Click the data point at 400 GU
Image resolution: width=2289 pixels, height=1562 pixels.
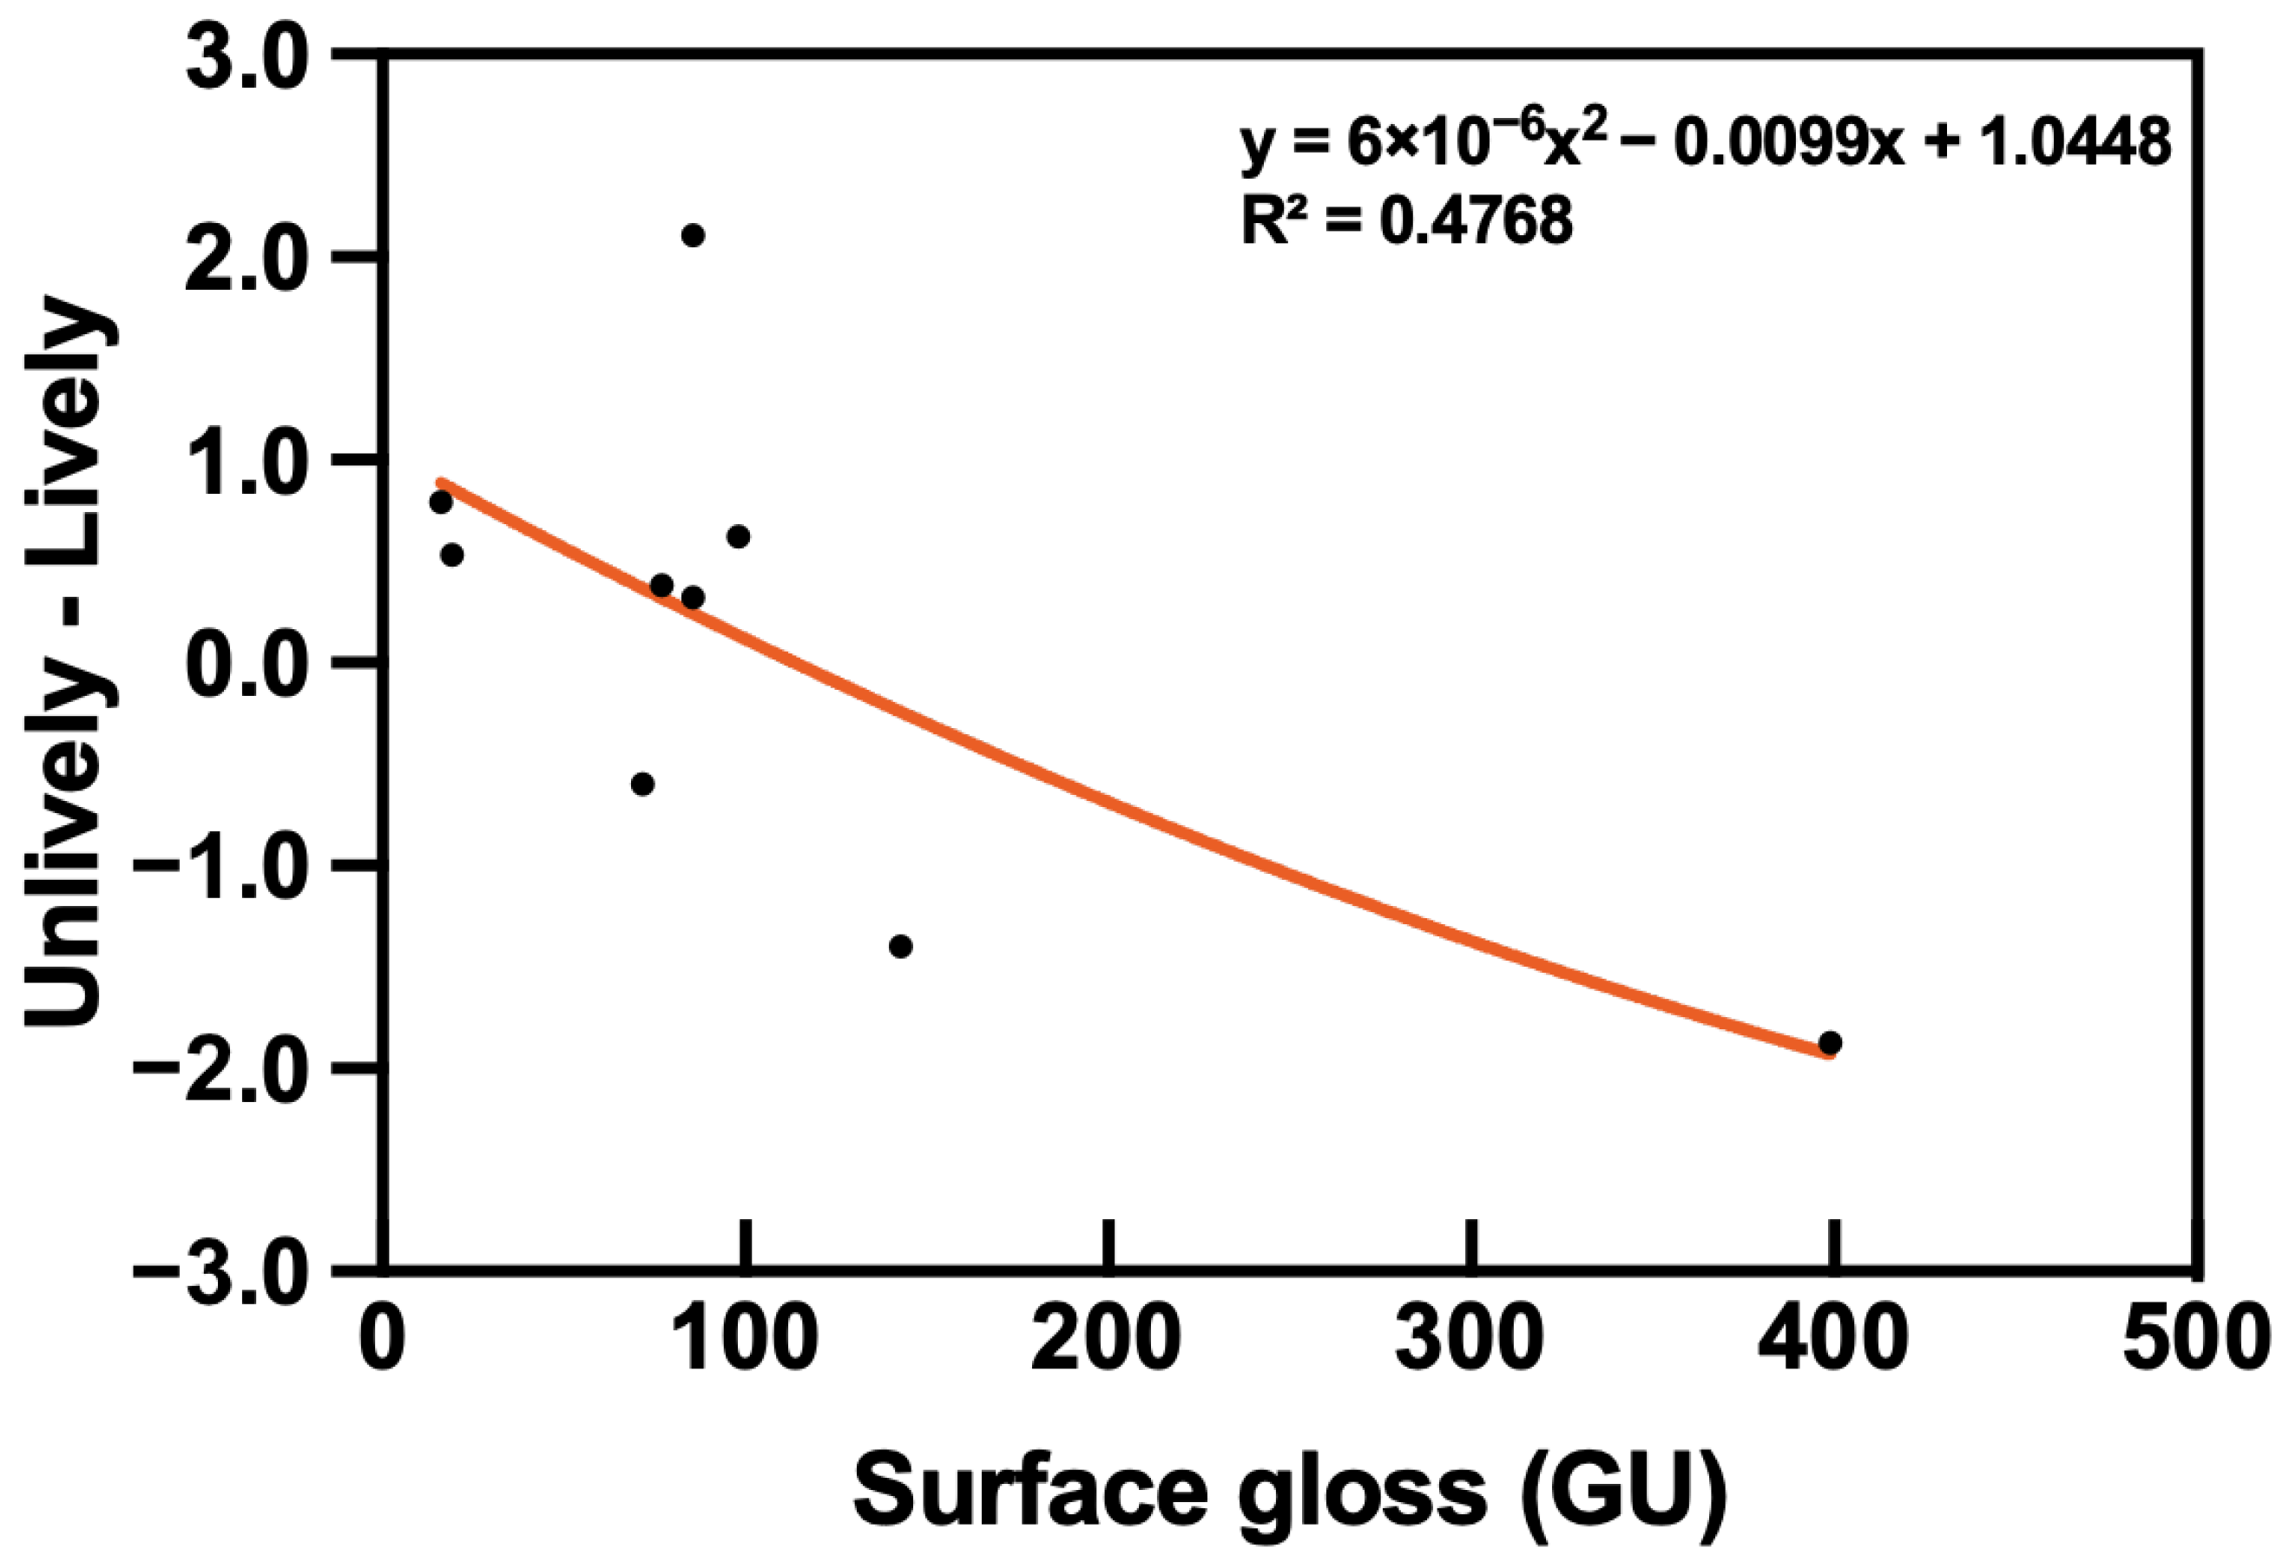point(1830,1043)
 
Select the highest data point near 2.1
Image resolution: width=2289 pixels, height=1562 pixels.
point(694,235)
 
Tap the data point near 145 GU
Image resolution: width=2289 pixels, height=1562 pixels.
point(900,947)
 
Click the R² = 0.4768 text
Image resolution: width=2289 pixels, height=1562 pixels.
point(1406,221)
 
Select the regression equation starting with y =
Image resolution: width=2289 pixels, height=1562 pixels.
point(1705,143)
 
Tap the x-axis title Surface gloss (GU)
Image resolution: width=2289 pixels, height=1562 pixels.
point(1290,1491)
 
